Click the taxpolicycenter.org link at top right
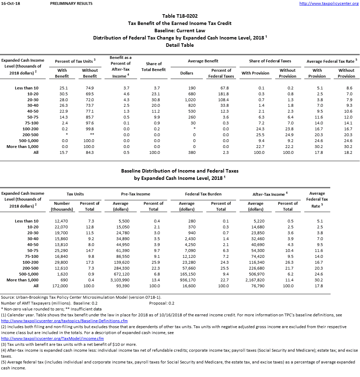pyautogui.click(x=328, y=3)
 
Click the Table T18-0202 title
pyautogui.click(x=180, y=16)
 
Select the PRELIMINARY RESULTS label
pyautogui.click(x=71, y=3)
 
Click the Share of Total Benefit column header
pyautogui.click(x=154, y=67)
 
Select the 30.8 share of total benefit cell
pyautogui.click(x=154, y=100)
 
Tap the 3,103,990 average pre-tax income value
pyautogui.click(x=120, y=280)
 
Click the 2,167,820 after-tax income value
pyautogui.click(x=256, y=280)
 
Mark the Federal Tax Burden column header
pyautogui.click(x=203, y=194)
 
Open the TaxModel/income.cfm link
pyautogui.click(x=53, y=339)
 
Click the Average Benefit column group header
pyautogui.click(x=203, y=61)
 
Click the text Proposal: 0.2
pyautogui.click(x=162, y=303)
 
